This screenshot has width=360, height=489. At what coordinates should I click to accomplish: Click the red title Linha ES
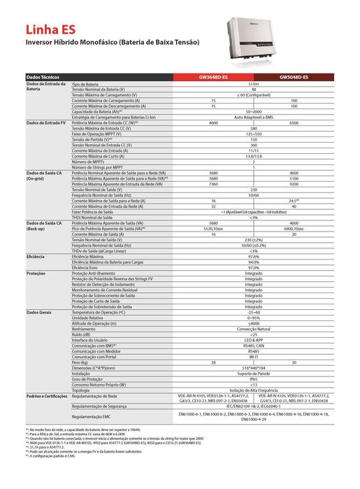click(x=48, y=31)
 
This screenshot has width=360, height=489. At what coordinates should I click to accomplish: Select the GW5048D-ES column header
click(x=294, y=77)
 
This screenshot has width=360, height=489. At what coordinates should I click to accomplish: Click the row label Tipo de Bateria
click(x=87, y=83)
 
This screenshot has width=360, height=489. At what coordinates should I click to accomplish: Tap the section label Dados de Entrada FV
click(x=45, y=122)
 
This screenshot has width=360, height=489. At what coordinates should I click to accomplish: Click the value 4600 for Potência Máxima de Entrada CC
click(x=213, y=122)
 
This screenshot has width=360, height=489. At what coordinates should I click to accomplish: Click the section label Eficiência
click(x=36, y=257)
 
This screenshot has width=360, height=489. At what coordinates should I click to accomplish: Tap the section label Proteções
click(x=36, y=273)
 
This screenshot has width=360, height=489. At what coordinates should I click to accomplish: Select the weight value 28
click(x=213, y=343)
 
